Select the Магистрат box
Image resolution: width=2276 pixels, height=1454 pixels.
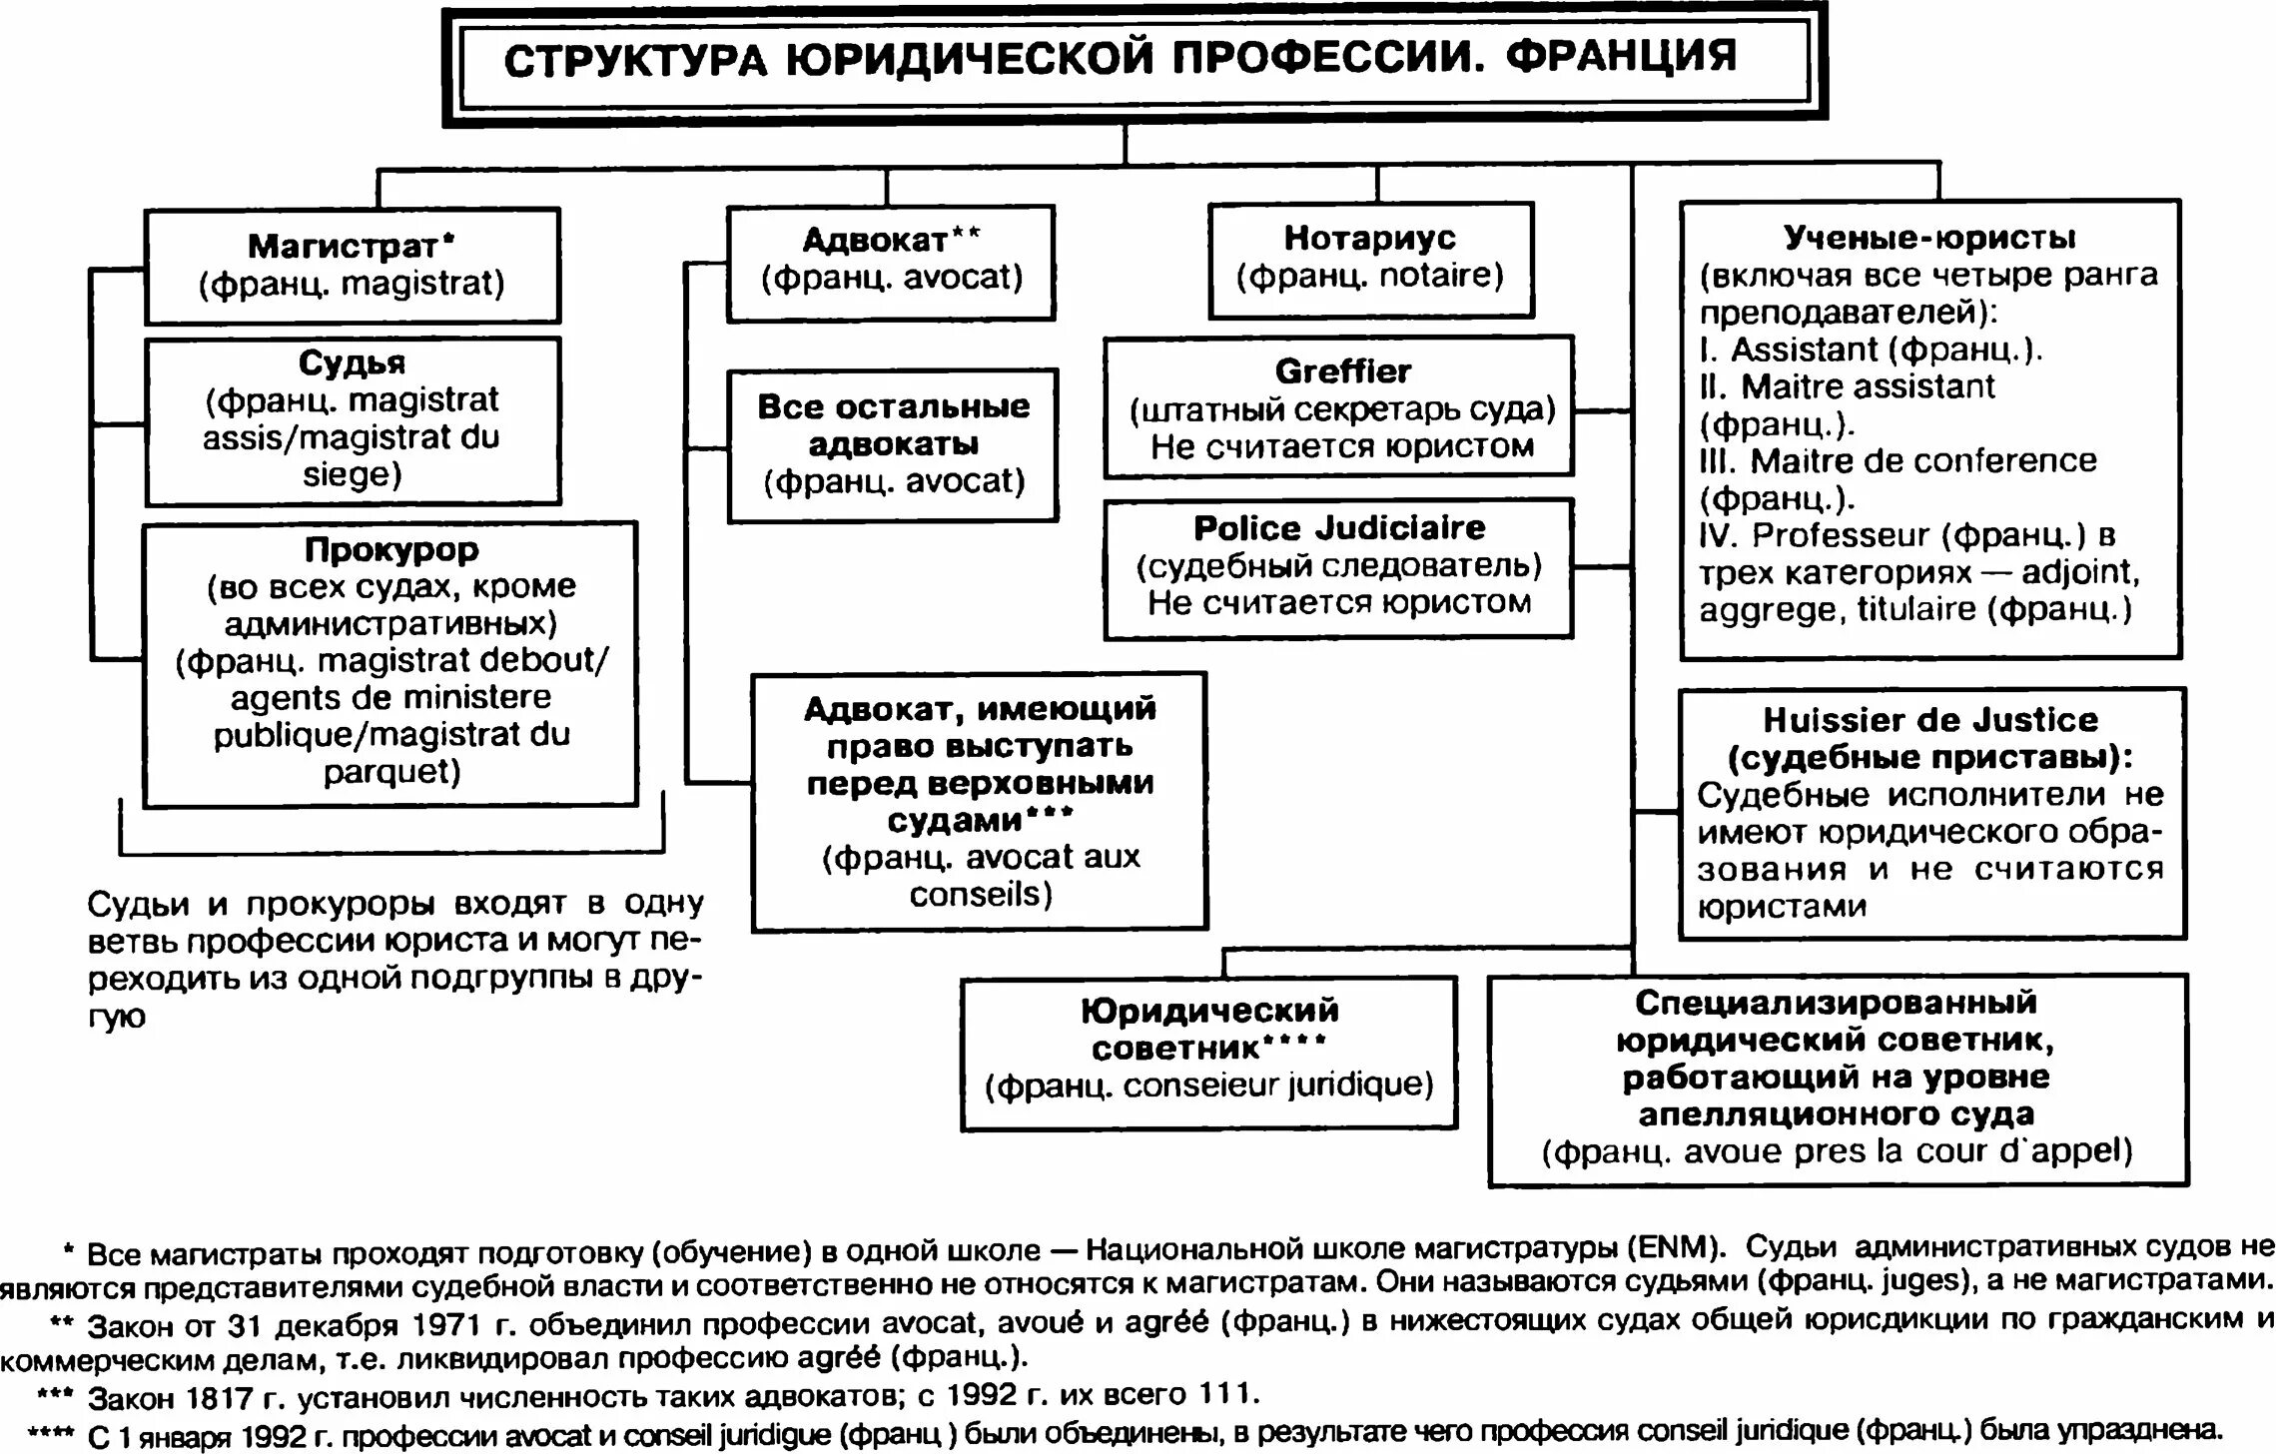point(353,265)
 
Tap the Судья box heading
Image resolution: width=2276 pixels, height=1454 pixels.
point(352,363)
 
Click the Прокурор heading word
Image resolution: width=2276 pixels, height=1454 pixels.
point(391,549)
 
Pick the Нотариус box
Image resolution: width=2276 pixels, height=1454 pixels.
point(1370,259)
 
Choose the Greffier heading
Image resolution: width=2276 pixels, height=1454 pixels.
point(1342,371)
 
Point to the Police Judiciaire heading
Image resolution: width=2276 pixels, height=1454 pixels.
point(1339,528)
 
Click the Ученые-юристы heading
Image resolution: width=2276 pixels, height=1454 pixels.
point(1929,238)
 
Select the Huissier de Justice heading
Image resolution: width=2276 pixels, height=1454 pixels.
point(1930,720)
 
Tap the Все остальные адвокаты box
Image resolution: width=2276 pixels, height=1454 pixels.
point(893,444)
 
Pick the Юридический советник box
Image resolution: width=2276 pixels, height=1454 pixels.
point(1208,1053)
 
